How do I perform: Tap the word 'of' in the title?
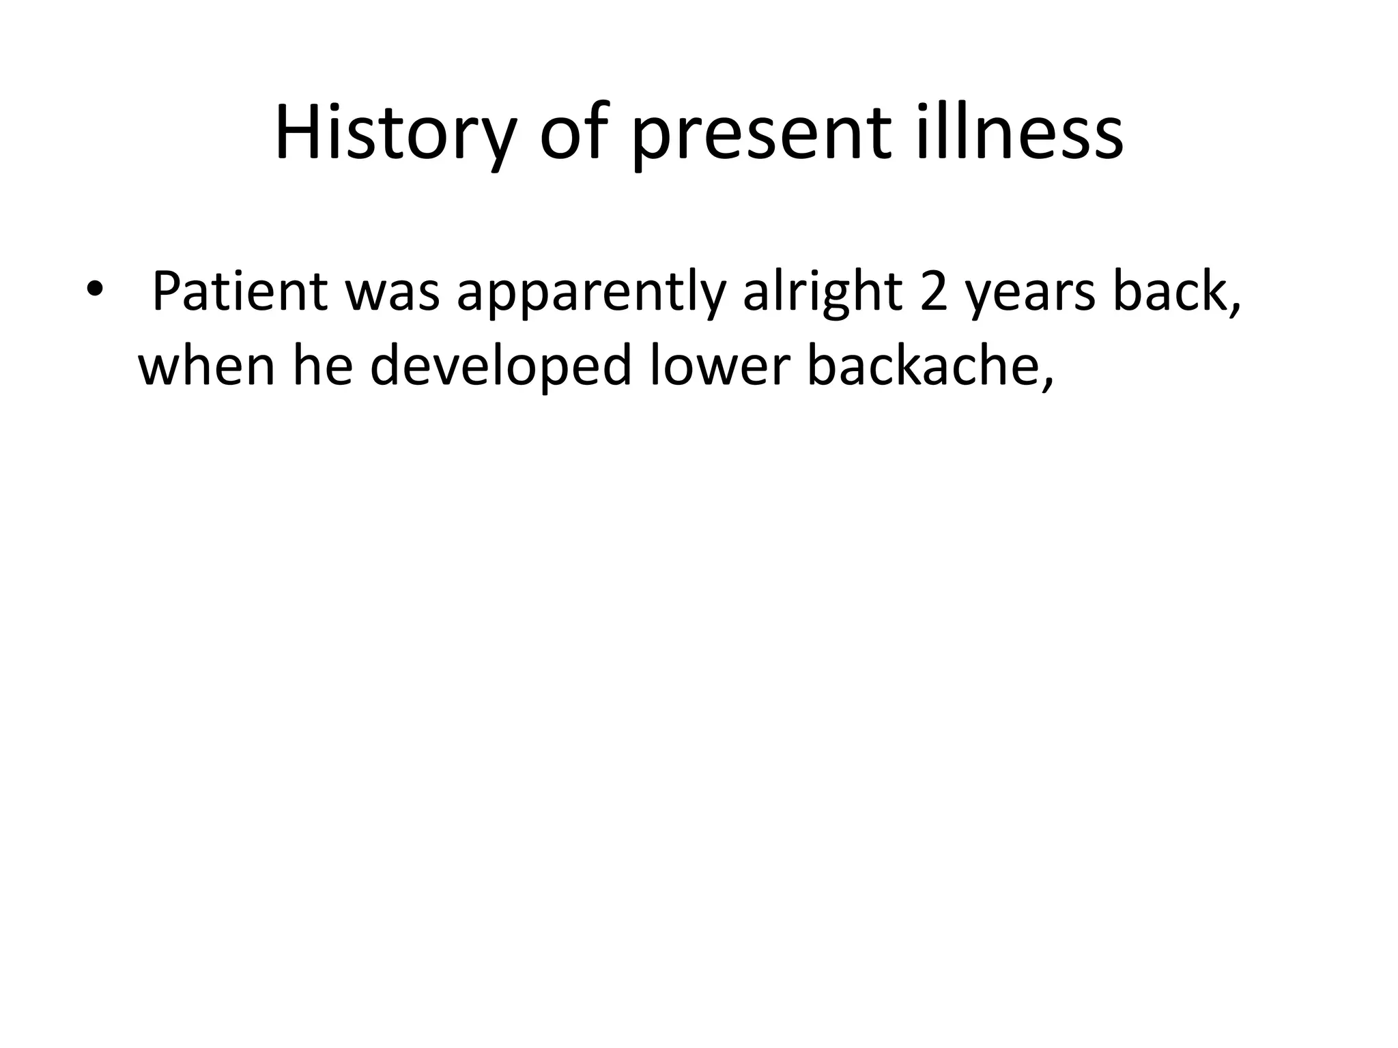coord(573,133)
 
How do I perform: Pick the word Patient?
coord(239,291)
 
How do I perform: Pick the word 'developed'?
coord(501,368)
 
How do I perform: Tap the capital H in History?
coord(298,133)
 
